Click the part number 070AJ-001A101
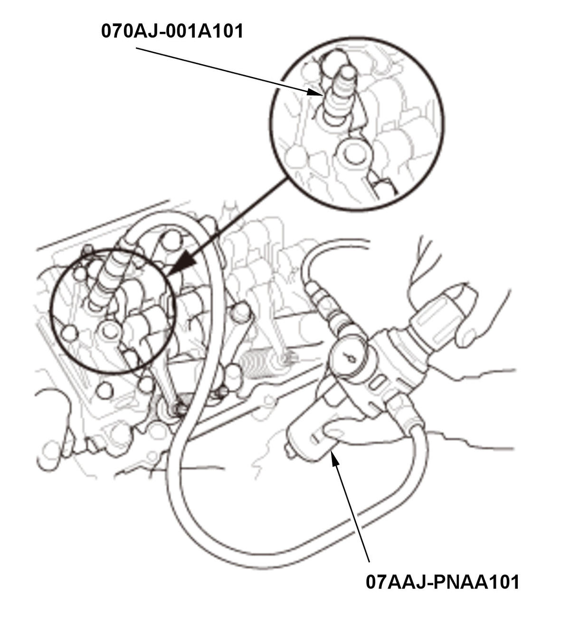coord(172,31)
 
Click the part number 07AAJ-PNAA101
coord(442,582)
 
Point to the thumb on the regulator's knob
coord(468,332)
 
